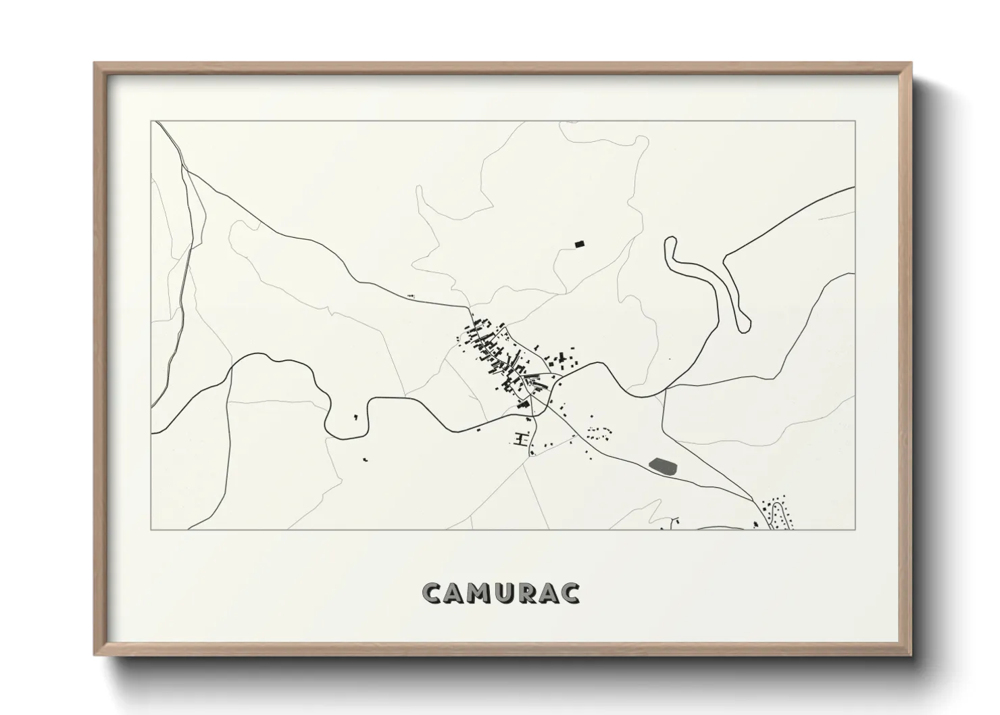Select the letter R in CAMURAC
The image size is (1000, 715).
[x=526, y=593]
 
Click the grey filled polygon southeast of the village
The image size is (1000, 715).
[x=664, y=465]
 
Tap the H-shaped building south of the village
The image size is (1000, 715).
[x=520, y=440]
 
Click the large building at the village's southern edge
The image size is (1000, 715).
[x=522, y=403]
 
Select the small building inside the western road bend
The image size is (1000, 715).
[x=355, y=417]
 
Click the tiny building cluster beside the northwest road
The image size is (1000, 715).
[x=410, y=296]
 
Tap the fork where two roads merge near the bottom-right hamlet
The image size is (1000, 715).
[x=755, y=499]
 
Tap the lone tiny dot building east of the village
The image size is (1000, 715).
[x=670, y=359]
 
